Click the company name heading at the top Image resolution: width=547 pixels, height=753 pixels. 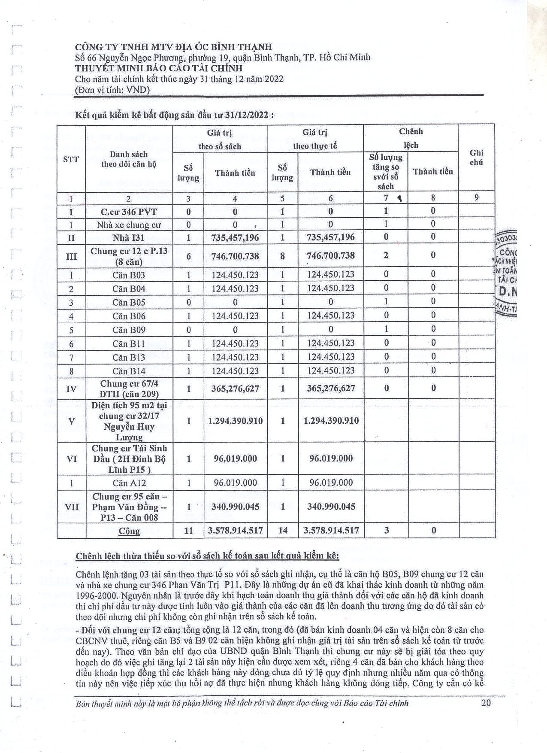pyautogui.click(x=173, y=46)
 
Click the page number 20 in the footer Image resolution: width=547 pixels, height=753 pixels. pyautogui.click(x=486, y=703)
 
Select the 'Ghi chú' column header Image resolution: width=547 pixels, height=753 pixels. pyautogui.click(x=476, y=158)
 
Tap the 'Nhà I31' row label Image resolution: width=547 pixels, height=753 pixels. pyautogui.click(x=129, y=237)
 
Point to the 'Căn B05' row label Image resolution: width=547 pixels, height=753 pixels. pyautogui.click(x=129, y=302)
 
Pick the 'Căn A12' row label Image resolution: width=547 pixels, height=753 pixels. pyautogui.click(x=129, y=483)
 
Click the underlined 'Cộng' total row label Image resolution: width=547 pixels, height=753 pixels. pyautogui.click(x=129, y=531)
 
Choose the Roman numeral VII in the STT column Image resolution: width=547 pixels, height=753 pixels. pyautogui.click(x=71, y=507)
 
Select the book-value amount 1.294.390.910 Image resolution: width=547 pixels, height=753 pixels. pyautogui.click(x=235, y=421)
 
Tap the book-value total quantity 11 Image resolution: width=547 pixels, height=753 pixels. pyautogui.click(x=188, y=530)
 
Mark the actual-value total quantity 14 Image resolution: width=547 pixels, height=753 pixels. pyautogui.click(x=283, y=530)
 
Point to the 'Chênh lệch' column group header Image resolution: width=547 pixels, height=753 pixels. pyautogui.click(x=411, y=138)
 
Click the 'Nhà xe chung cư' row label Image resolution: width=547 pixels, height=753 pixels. pyautogui.click(x=129, y=225)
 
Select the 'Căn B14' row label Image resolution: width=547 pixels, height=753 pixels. pyautogui.click(x=129, y=371)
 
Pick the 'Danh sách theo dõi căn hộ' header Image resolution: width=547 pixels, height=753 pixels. pyautogui.click(x=129, y=159)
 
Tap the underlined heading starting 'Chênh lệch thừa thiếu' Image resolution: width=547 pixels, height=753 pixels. pyautogui.click(x=207, y=556)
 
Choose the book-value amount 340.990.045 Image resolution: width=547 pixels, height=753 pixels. pyautogui.click(x=235, y=507)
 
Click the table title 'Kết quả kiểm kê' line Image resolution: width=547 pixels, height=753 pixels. pyautogui.click(x=174, y=115)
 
